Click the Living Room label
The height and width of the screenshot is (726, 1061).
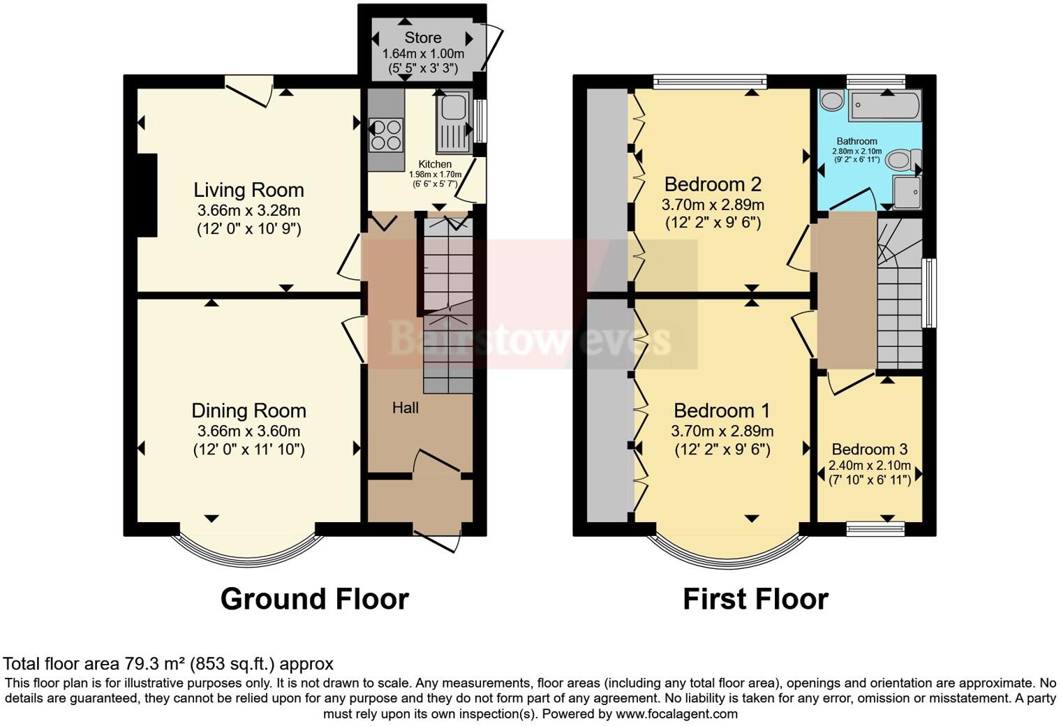[x=248, y=190]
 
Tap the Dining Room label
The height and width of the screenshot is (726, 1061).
[x=248, y=410]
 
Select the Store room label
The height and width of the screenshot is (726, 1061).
[x=422, y=38]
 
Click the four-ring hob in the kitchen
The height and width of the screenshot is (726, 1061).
[x=386, y=135]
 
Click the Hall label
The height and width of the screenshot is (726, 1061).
[x=405, y=408]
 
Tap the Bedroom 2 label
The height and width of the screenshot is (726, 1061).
[x=713, y=184]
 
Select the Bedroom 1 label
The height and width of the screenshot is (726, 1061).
[x=722, y=410]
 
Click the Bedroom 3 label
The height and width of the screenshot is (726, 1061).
[x=869, y=449]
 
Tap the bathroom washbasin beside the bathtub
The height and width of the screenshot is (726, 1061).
[x=831, y=101]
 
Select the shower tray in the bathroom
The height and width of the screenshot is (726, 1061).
[x=907, y=193]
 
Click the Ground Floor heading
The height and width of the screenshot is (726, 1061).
[x=314, y=599]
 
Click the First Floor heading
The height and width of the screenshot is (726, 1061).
[x=755, y=599]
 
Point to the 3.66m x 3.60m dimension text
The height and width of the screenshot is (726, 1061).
[x=248, y=431]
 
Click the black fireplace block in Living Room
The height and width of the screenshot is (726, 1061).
[x=147, y=195]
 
